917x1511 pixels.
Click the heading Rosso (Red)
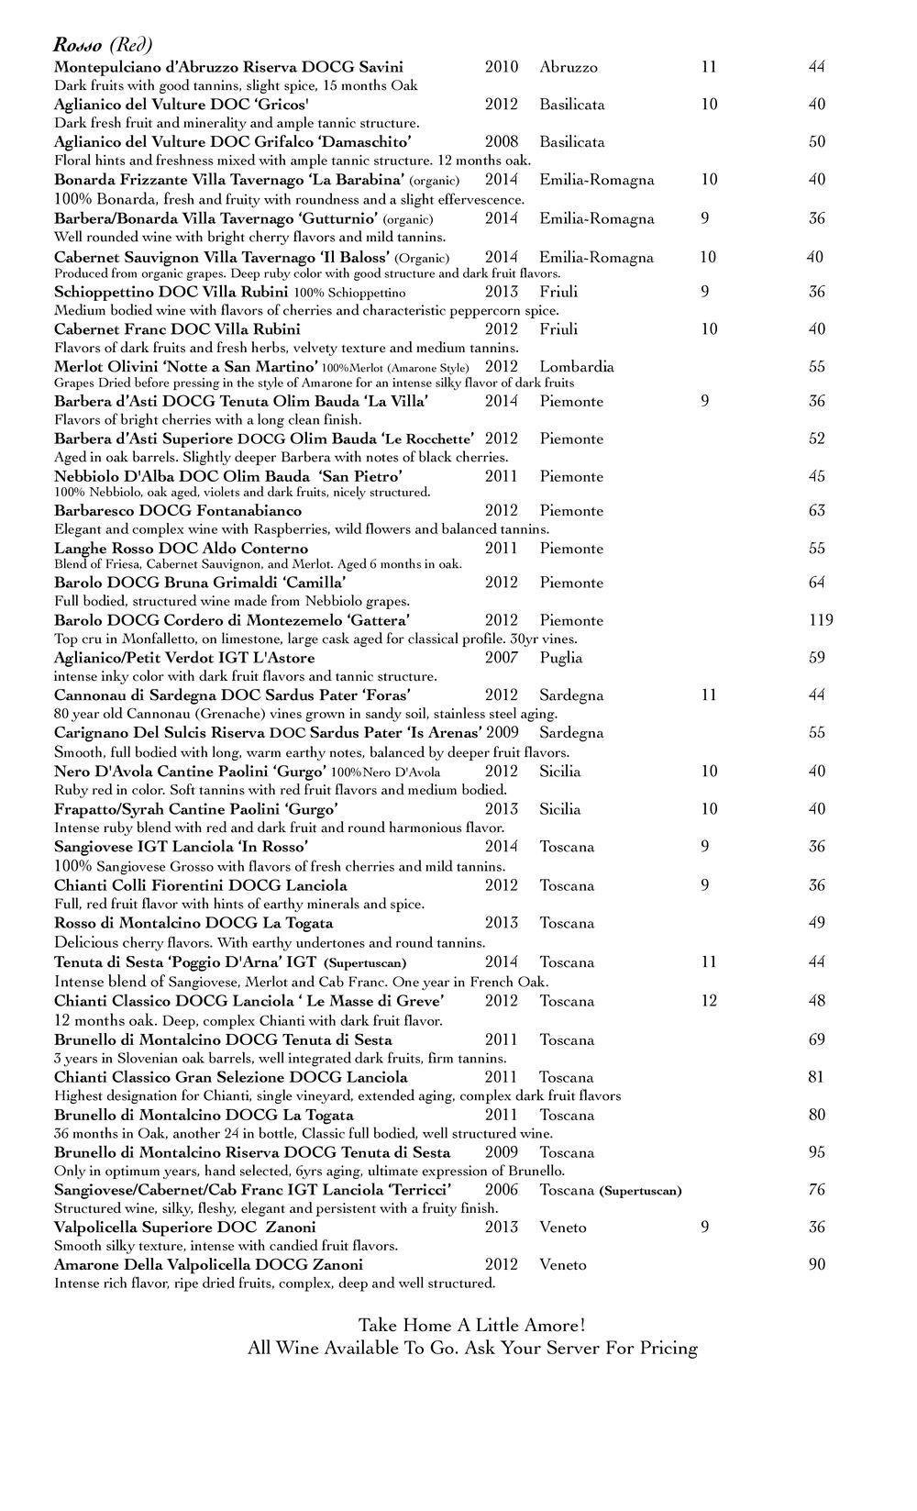pyautogui.click(x=103, y=45)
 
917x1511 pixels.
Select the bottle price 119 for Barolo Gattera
pyautogui.click(x=821, y=620)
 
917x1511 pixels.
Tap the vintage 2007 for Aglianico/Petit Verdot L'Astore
pyautogui.click(x=502, y=658)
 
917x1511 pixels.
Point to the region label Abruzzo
pyautogui.click(x=569, y=67)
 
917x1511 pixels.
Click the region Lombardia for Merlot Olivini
pyautogui.click(x=577, y=367)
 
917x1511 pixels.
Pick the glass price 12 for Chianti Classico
pyautogui.click(x=709, y=1001)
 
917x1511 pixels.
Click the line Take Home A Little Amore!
pyautogui.click(x=471, y=1326)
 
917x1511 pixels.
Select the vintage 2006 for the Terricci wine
pyautogui.click(x=502, y=1190)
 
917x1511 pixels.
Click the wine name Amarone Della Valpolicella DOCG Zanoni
pyautogui.click(x=208, y=1265)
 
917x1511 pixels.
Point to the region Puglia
pyautogui.click(x=561, y=658)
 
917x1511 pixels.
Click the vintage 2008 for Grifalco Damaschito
pyautogui.click(x=502, y=142)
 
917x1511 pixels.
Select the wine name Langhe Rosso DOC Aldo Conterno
pyautogui.click(x=181, y=549)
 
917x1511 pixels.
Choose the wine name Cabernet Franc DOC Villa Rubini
pyautogui.click(x=177, y=329)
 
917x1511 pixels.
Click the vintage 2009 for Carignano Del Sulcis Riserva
pyautogui.click(x=502, y=733)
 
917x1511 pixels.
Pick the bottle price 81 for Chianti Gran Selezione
pyautogui.click(x=816, y=1077)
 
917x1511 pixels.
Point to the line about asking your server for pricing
pyautogui.click(x=471, y=1349)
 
